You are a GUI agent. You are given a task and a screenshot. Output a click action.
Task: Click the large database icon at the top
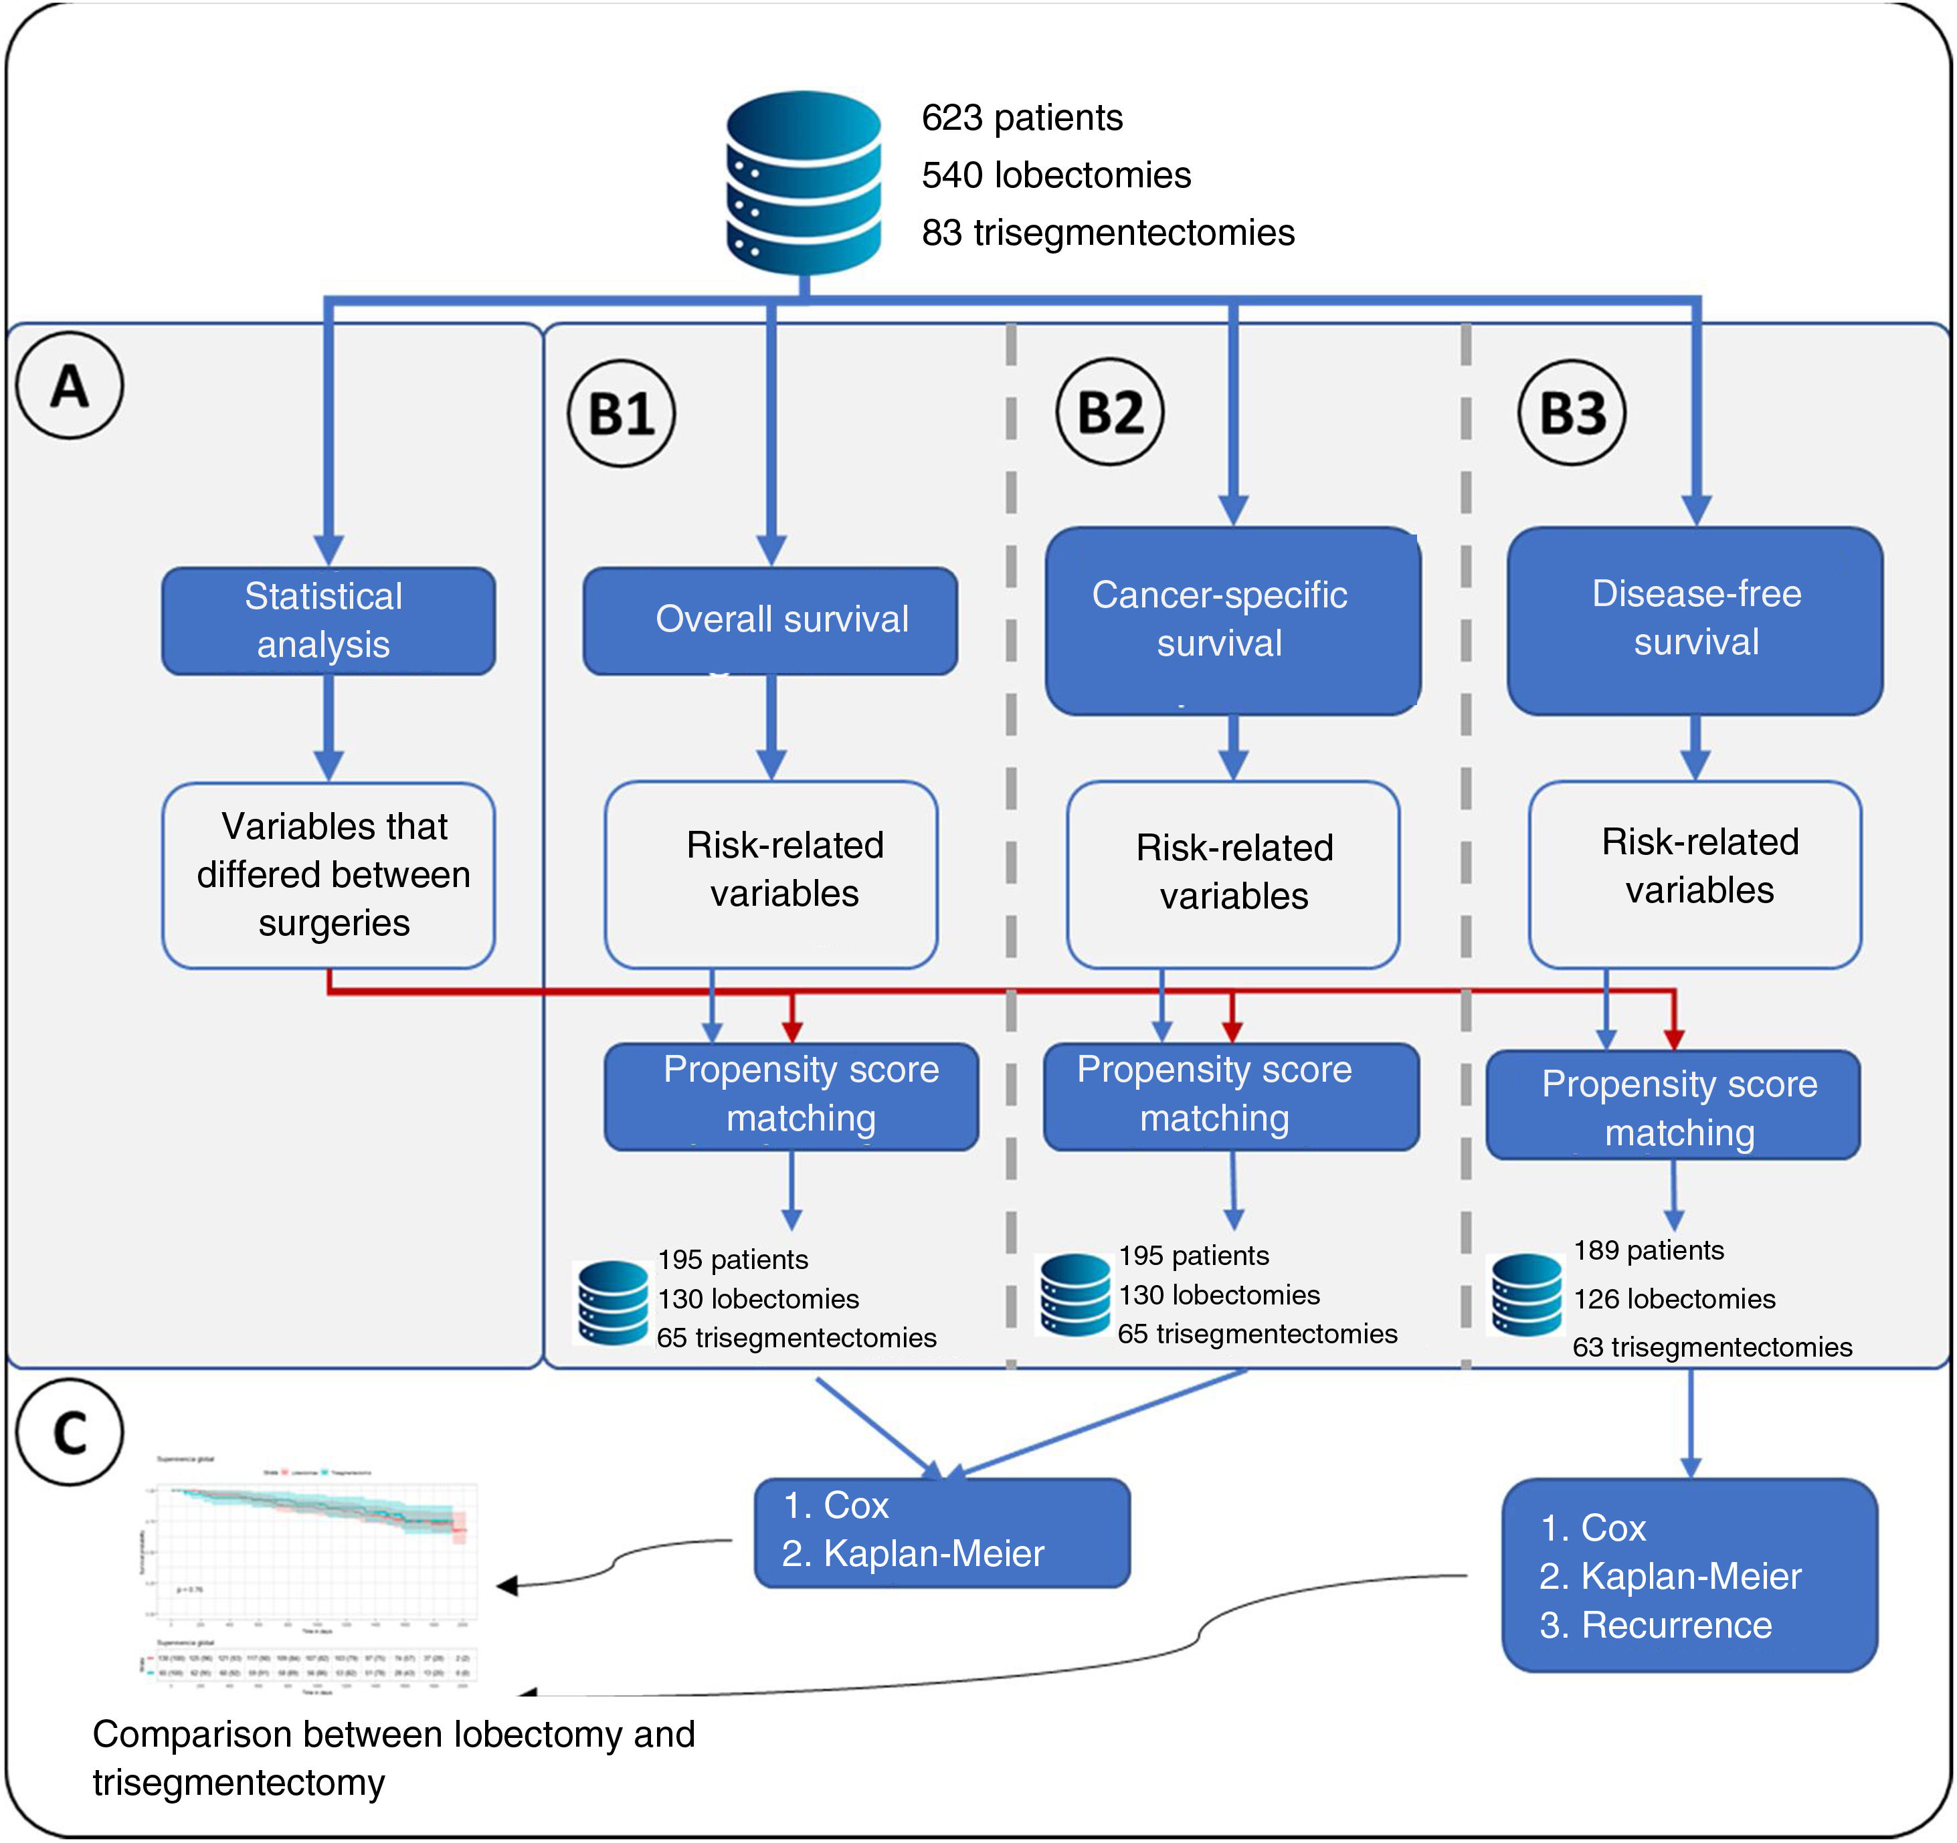(x=804, y=182)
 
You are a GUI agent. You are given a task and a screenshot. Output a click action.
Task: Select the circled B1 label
(x=621, y=413)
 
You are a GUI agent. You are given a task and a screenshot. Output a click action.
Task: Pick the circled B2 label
(x=1109, y=411)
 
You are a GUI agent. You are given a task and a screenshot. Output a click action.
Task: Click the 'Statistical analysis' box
(x=328, y=620)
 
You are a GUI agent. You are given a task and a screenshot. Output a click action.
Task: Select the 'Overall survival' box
(x=770, y=620)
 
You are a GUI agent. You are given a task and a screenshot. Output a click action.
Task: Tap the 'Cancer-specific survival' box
(x=1232, y=620)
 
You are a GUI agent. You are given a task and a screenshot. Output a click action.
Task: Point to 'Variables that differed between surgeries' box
(x=328, y=875)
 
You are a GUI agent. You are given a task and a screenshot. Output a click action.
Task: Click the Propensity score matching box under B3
(x=1673, y=1106)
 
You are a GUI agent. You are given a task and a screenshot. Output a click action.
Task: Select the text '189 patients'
(x=1648, y=1250)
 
